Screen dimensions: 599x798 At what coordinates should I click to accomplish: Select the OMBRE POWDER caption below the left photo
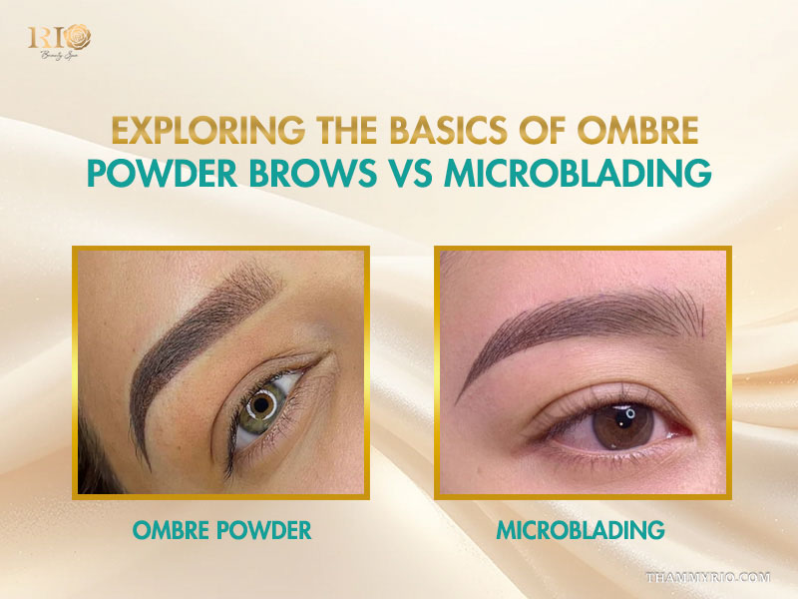click(221, 530)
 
